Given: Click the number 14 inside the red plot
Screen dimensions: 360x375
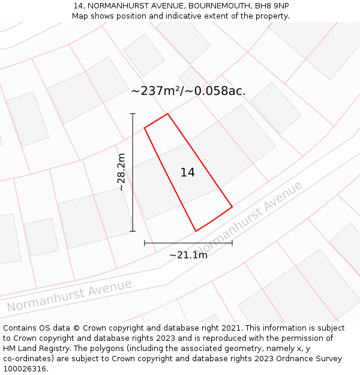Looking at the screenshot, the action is (x=187, y=173).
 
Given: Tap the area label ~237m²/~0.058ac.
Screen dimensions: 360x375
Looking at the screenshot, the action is (x=188, y=91).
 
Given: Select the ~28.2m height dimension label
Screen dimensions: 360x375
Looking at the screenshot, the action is (x=121, y=172).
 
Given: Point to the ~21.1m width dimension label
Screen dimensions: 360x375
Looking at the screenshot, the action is (x=188, y=255).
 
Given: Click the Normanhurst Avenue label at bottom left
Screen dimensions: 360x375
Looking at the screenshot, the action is (x=69, y=296).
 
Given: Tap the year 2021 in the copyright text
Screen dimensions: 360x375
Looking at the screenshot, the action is (x=230, y=328).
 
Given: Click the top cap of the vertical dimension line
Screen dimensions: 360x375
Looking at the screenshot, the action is (x=133, y=113).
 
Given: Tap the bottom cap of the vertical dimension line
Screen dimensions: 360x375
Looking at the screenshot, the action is (x=133, y=231).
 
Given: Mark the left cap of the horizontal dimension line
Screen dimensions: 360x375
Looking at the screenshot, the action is (x=145, y=243).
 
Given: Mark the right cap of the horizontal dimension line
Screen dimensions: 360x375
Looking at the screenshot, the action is (x=232, y=243).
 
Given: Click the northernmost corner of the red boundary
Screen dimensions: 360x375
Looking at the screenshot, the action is (x=167, y=113).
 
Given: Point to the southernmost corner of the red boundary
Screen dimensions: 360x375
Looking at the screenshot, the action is (x=196, y=231).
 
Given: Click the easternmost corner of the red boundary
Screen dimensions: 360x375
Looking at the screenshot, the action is (x=232, y=208).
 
